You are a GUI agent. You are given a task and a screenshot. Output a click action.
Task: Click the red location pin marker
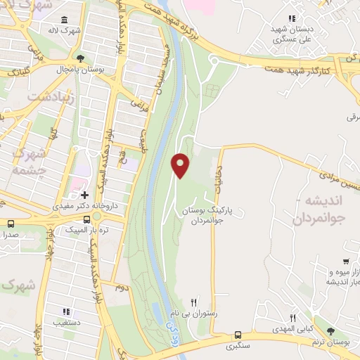[181, 165]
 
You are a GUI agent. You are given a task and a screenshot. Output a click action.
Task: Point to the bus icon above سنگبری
[238, 335]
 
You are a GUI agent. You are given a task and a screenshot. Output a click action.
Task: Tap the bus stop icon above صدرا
[10, 224]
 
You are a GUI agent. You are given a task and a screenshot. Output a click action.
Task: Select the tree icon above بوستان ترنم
[330, 330]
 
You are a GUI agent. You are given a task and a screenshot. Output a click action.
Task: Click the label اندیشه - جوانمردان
[326, 211]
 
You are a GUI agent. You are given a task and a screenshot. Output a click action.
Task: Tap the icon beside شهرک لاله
[65, 20]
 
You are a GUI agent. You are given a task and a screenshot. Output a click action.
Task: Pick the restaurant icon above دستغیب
[65, 311]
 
